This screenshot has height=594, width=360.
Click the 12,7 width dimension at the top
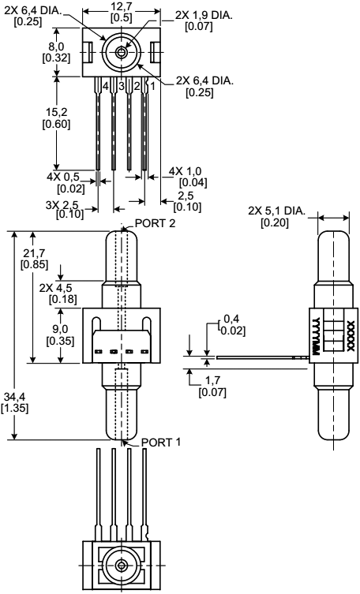(x=122, y=7)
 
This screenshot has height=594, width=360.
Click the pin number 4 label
(x=104, y=85)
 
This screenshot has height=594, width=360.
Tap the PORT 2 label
(x=154, y=223)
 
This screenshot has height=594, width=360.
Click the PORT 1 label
(x=161, y=443)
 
